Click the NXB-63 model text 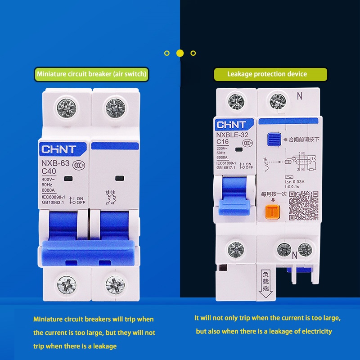pyautogui.click(x=55, y=163)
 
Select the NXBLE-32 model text pyautogui.click(x=231, y=134)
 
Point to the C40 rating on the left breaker pyautogui.click(x=49, y=171)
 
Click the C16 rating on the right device pyautogui.click(x=223, y=142)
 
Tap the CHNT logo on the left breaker pyautogui.click(x=59, y=149)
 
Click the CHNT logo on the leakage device pyautogui.click(x=232, y=124)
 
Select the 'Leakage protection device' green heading pyautogui.click(x=267, y=74)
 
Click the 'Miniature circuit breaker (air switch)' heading pyautogui.click(x=92, y=74)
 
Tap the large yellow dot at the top pyautogui.click(x=180, y=53)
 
